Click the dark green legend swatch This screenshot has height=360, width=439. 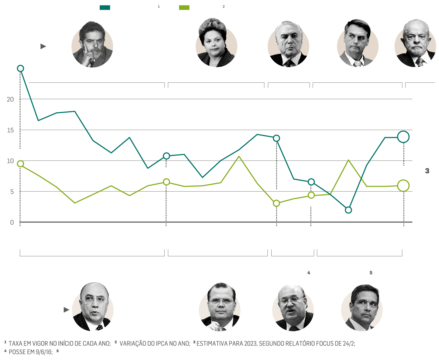[x=105, y=7]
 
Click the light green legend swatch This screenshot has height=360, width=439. [x=184, y=7]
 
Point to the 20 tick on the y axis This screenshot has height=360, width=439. [x=10, y=99]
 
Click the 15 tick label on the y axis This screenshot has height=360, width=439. [x=10, y=130]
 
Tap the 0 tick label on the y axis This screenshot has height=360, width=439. [x=12, y=223]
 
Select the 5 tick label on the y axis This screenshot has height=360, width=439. [x=12, y=192]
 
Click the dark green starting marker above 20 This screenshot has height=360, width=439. [x=20, y=68]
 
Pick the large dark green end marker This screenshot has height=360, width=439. [x=403, y=137]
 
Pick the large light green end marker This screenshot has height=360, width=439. [x=403, y=186]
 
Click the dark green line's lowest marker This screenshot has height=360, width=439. [x=348, y=210]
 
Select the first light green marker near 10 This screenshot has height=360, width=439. [x=20, y=164]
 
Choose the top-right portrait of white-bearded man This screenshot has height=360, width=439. [x=415, y=43]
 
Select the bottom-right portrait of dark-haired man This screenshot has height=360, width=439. [x=362, y=308]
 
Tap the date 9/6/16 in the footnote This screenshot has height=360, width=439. [x=44, y=352]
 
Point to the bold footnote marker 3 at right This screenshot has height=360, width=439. [x=427, y=171]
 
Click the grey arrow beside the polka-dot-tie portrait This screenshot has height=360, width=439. [x=66, y=310]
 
